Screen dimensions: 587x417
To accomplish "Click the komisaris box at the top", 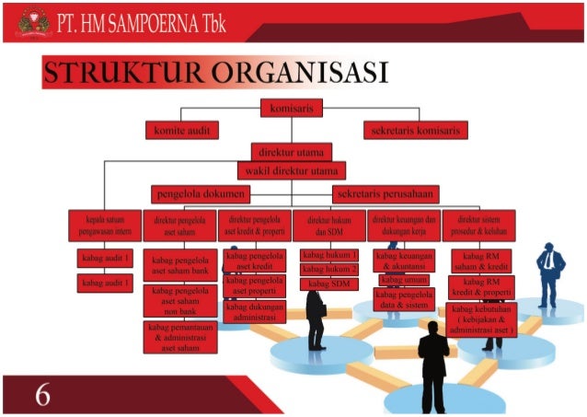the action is [x=292, y=109].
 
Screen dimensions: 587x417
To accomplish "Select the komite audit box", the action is [x=181, y=131].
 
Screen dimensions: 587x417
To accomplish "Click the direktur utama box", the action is [x=292, y=152].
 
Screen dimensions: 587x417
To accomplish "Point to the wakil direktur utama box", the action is [x=292, y=171].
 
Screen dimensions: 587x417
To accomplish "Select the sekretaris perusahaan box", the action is [x=385, y=194].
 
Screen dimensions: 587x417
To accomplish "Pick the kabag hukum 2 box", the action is [x=328, y=269].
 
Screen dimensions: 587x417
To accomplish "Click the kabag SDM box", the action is [x=328, y=284].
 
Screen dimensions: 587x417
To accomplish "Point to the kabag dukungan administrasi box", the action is [x=255, y=312].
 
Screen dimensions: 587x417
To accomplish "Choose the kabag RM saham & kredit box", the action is [x=481, y=261].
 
